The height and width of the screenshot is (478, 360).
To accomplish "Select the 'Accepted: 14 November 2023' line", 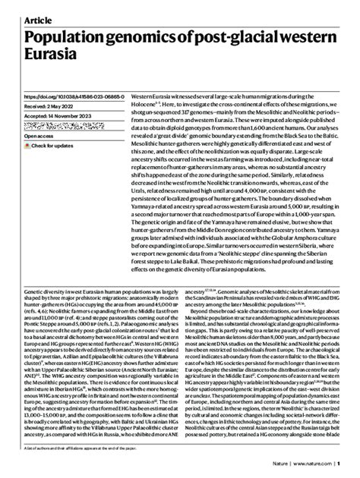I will pos(62,119).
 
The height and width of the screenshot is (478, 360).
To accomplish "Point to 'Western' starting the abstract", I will pos(144,97).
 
